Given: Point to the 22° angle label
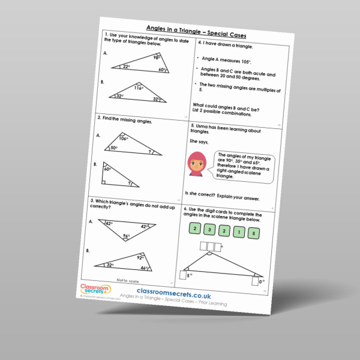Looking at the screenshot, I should pos(127,66).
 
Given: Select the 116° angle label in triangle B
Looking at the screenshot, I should pos(138,88).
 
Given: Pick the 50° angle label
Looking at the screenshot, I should pos(113,148).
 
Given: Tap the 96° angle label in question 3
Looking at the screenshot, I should pos(127,236).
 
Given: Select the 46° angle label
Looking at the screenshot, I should pos(161,269).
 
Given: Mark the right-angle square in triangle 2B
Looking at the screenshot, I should pos(104,178).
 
